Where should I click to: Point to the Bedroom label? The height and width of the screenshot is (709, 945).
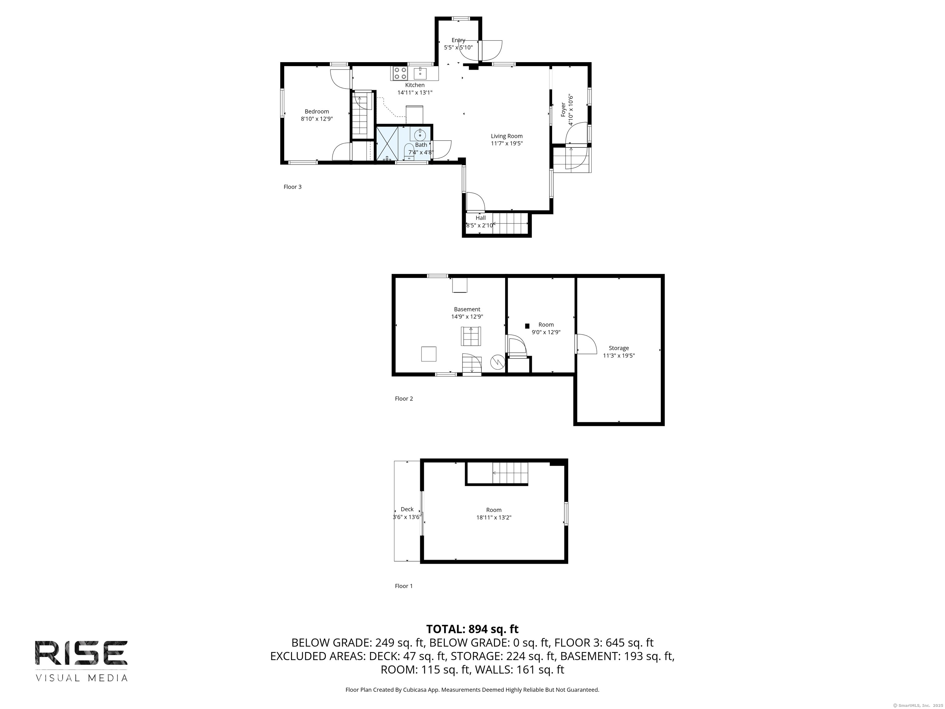[x=317, y=111]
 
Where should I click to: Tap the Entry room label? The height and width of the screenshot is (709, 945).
[x=458, y=40]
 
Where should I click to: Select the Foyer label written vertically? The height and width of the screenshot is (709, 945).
[x=563, y=110]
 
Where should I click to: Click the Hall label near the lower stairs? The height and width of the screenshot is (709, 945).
[x=480, y=218]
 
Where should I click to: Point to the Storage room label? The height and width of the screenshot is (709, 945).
[x=619, y=348]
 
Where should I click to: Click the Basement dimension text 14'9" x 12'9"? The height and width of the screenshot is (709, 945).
[x=467, y=317]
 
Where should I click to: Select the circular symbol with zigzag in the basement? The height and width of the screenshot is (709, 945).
[x=497, y=362]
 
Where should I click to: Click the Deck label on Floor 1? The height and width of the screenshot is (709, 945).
[x=407, y=509]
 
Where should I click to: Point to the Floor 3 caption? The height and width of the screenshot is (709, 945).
[x=293, y=187]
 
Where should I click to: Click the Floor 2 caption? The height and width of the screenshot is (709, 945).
[x=404, y=399]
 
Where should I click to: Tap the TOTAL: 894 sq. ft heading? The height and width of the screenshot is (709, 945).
[x=472, y=629]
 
